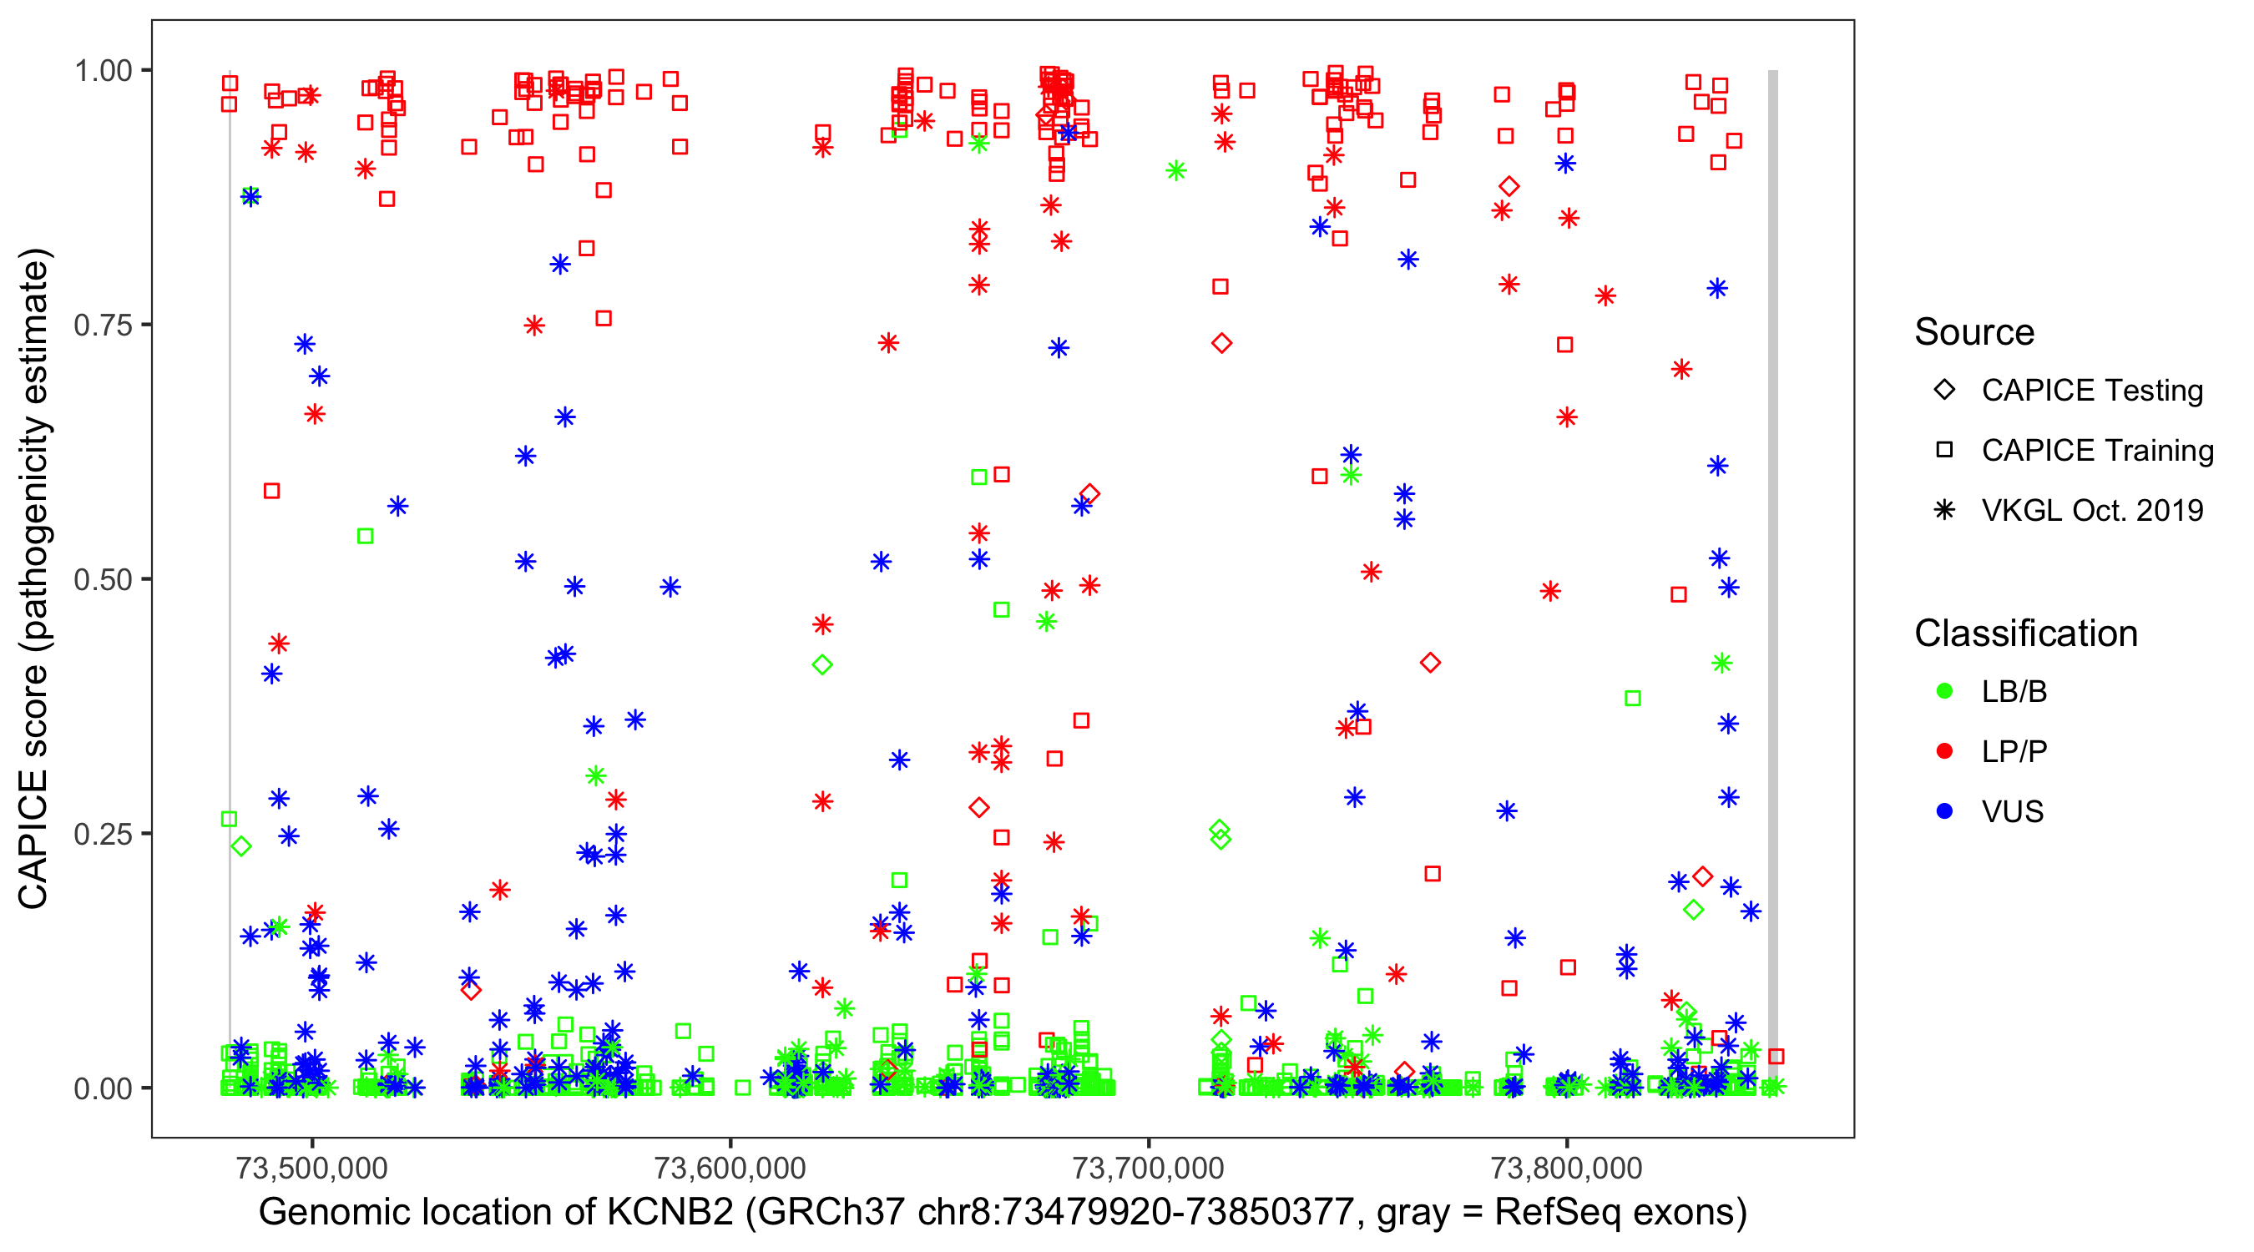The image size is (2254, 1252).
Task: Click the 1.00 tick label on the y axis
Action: point(102,71)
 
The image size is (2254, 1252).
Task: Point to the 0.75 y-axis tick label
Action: point(102,326)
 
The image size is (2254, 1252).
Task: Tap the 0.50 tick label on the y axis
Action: point(102,580)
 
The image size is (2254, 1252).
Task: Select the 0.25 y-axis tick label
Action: point(102,834)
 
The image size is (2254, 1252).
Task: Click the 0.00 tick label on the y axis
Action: point(102,1088)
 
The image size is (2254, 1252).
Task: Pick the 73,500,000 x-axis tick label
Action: point(311,1168)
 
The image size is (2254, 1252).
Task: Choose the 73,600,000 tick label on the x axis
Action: point(730,1168)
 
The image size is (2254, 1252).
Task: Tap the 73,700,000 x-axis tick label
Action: point(1148,1168)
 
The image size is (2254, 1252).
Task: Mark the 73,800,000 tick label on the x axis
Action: point(1566,1168)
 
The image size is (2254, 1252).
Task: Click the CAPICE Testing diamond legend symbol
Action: point(1944,391)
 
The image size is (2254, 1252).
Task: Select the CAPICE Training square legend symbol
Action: point(1944,451)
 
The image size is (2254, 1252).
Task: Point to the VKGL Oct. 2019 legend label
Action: point(2092,511)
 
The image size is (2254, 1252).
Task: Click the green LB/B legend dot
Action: point(1944,692)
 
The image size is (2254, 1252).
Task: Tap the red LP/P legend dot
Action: point(1944,751)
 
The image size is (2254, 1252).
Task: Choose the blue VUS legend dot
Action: point(1944,812)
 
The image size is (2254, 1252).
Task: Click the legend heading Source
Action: point(1974,332)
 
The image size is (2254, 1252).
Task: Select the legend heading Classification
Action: point(2025,634)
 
